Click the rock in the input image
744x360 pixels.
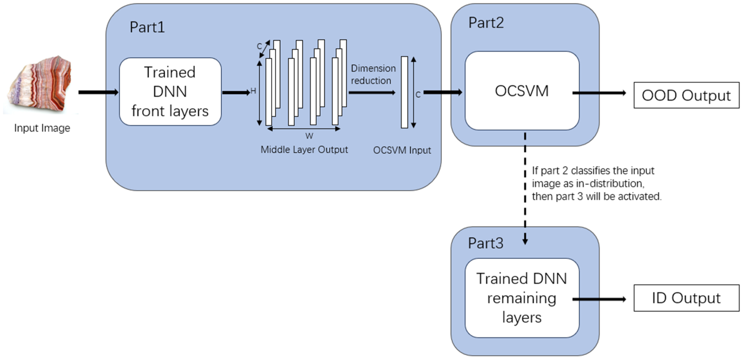click(x=41, y=85)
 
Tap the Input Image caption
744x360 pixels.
click(x=42, y=128)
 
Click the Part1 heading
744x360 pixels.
click(x=147, y=27)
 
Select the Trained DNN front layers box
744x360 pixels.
click(x=170, y=92)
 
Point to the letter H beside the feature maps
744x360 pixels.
click(x=253, y=91)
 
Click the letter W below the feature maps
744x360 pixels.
click(x=309, y=136)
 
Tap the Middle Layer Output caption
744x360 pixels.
click(x=304, y=150)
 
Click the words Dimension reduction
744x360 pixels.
click(x=373, y=75)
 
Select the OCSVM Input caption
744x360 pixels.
click(x=402, y=150)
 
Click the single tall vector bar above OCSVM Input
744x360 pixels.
click(x=404, y=92)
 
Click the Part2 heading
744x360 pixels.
click(x=486, y=23)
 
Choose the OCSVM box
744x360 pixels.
click(x=522, y=91)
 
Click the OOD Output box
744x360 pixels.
click(x=686, y=95)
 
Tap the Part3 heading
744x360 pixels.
click(x=486, y=243)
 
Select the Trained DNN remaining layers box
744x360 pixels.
click(x=522, y=298)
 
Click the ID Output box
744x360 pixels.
click(x=686, y=298)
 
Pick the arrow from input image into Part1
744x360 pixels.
click(x=98, y=92)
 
